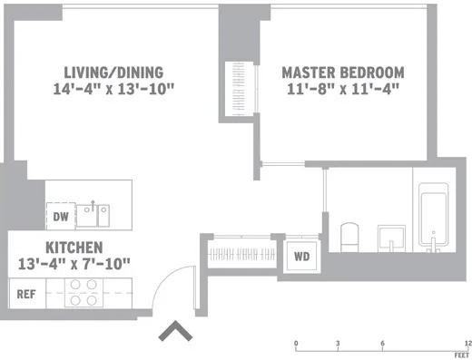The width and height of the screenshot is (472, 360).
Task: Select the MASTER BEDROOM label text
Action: pyautogui.click(x=342, y=73)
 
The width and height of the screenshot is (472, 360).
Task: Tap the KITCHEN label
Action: pyautogui.click(x=74, y=247)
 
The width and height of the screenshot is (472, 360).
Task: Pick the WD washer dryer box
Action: pyautogui.click(x=300, y=256)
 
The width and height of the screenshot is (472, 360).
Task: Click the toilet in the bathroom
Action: pyautogui.click(x=349, y=237)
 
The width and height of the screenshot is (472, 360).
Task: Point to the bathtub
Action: pyautogui.click(x=433, y=217)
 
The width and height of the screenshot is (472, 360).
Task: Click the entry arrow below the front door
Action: pyautogui.click(x=173, y=332)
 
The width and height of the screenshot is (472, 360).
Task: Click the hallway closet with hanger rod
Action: pyautogui.click(x=243, y=251)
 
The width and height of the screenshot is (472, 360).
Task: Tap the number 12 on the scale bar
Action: pyautogui.click(x=467, y=344)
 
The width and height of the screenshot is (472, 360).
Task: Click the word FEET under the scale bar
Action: pyautogui.click(x=462, y=356)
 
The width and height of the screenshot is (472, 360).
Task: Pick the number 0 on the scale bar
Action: pyautogui.click(x=296, y=344)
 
